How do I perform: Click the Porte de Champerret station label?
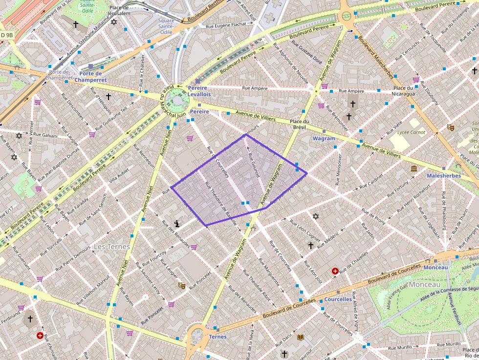(93, 77)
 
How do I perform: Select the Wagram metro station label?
(324, 138)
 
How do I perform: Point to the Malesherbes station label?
(444, 175)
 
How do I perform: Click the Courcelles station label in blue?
(338, 299)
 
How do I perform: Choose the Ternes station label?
(218, 337)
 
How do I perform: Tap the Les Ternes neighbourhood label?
(112, 247)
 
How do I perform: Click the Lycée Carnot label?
(411, 132)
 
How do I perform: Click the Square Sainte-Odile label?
(166, 26)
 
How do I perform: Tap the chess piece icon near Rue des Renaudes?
(176, 224)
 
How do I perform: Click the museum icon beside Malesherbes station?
(414, 169)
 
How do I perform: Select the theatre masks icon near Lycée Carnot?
(450, 127)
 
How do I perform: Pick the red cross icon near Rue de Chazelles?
(335, 271)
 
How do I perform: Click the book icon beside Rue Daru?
(300, 337)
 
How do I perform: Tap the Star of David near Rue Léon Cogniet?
(315, 216)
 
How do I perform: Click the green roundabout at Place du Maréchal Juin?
(176, 102)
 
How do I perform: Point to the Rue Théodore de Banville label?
(218, 202)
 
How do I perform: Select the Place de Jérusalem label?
(120, 10)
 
